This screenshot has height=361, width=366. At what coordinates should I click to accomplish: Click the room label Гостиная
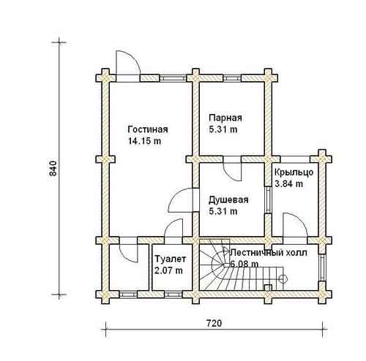click(148, 129)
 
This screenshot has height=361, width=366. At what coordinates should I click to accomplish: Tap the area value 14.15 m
click(145, 141)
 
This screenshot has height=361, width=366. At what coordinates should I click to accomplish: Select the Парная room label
click(225, 118)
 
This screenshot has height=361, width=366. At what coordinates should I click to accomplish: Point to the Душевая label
click(228, 200)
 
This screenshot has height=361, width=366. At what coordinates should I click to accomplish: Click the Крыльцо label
click(294, 172)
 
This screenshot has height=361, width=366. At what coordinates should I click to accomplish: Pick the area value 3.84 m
click(289, 183)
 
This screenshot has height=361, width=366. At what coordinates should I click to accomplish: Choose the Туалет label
click(171, 259)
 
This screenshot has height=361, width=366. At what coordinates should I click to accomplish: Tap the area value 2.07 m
click(168, 270)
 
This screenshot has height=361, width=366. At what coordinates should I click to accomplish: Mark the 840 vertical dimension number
click(53, 168)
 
